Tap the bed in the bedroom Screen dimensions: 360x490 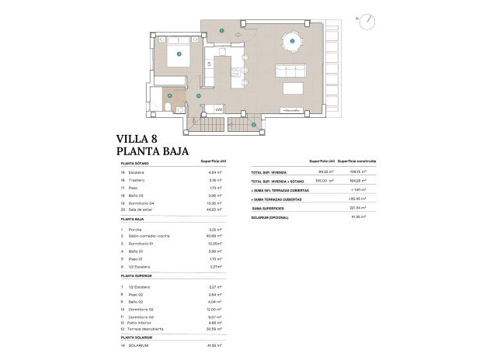click(x=180, y=54)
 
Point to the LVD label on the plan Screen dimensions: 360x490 click(x=219, y=109)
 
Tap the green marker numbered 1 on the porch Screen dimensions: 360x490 click(x=221, y=30)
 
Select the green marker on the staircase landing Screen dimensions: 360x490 click(x=252, y=124)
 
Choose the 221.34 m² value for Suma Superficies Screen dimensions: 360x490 click(x=358, y=208)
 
